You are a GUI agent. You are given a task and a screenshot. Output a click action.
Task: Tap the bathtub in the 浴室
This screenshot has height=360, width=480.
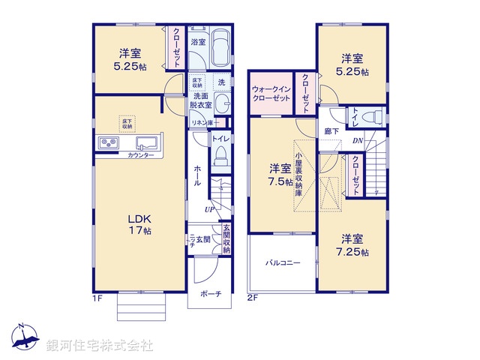220,49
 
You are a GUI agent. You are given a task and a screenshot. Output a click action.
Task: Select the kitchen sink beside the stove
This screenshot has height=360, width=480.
146,143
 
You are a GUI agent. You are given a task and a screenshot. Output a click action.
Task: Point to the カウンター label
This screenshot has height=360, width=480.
141,155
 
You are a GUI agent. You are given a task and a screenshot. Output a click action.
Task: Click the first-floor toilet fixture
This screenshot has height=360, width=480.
220,154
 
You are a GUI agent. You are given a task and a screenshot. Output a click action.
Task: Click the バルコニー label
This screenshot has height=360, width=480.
282,263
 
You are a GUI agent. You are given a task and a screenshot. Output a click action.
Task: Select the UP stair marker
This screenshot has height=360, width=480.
211,209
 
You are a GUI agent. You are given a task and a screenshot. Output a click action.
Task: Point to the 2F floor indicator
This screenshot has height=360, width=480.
253,298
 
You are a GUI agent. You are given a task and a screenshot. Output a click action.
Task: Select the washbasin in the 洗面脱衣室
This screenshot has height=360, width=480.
221,103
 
